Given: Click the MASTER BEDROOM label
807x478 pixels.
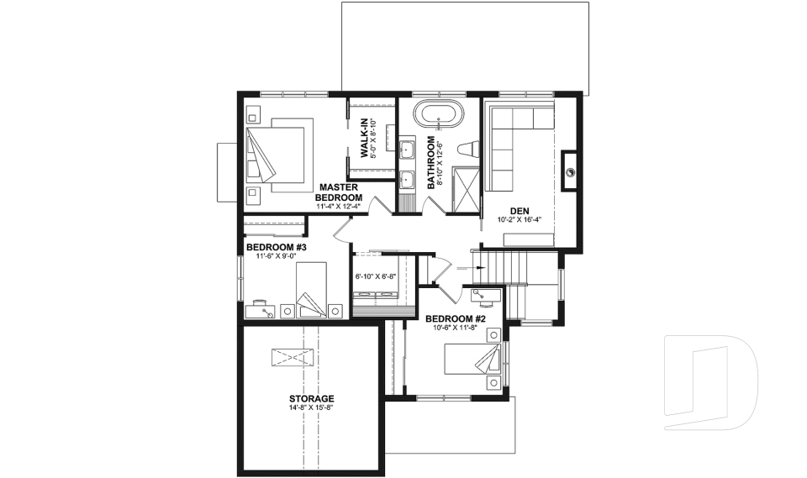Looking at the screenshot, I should coord(338,192).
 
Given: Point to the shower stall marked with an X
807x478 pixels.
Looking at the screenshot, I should coord(463,189).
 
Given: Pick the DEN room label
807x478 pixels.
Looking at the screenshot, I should coord(519,211).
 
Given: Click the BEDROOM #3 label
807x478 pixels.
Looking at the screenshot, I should coord(276,247).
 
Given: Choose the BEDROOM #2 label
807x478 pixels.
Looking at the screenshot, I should coord(456,319).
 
